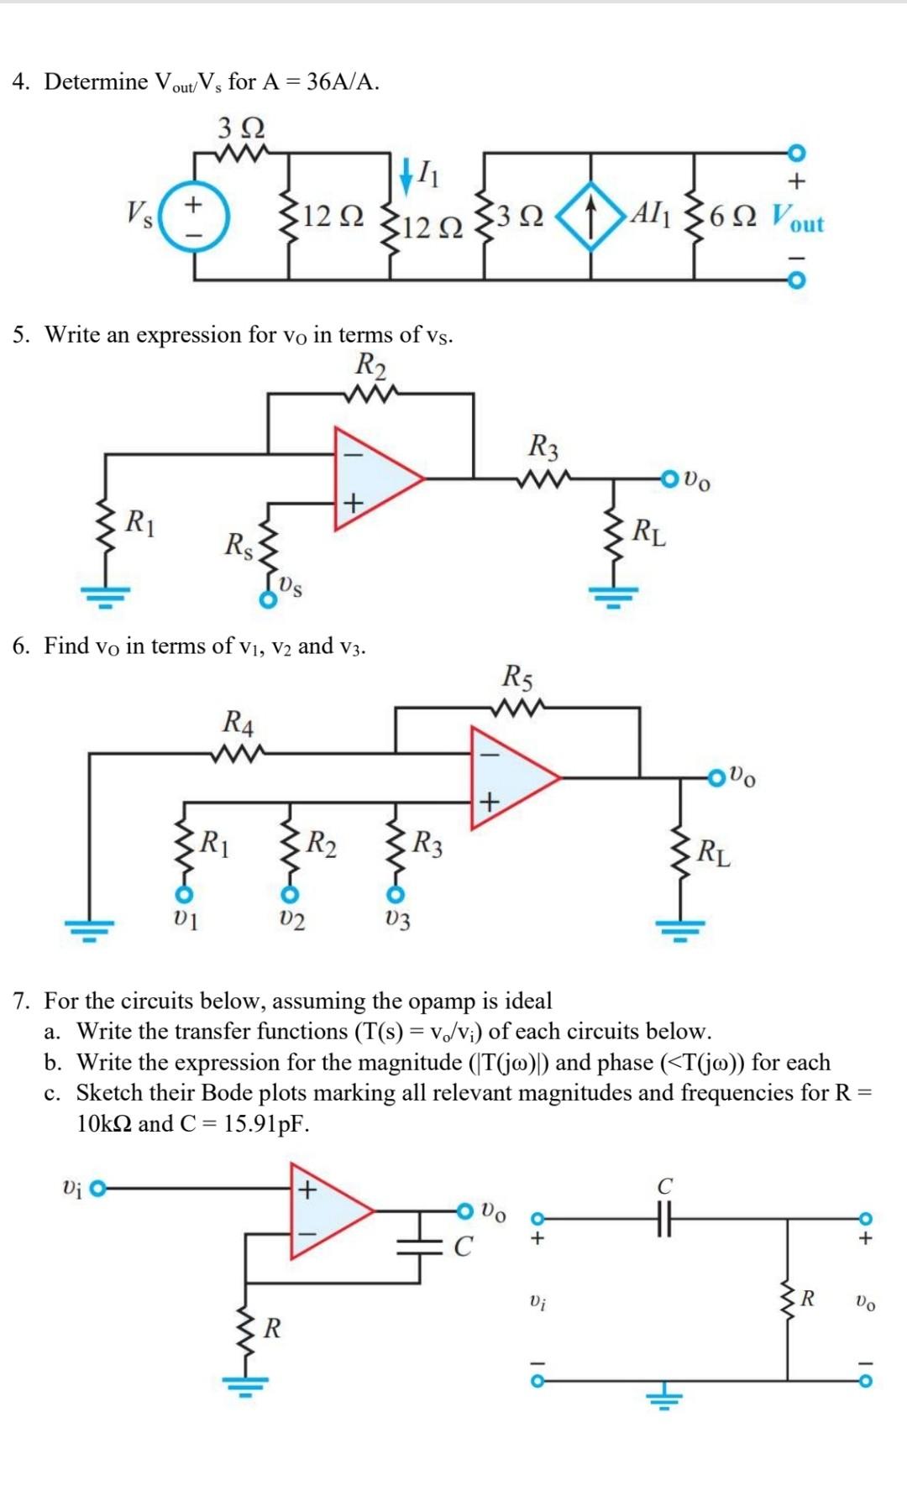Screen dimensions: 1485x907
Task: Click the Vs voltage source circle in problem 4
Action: click(194, 217)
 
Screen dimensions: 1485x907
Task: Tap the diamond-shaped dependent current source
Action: click(591, 216)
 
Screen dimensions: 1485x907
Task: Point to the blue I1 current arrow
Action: click(406, 174)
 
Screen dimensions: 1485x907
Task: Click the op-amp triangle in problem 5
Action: click(375, 478)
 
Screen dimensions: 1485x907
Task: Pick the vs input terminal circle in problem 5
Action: click(267, 599)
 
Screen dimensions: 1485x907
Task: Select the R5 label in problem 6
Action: click(517, 677)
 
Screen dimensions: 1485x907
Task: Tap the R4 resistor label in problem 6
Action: click(239, 722)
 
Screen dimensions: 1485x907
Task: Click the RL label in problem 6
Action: click(714, 853)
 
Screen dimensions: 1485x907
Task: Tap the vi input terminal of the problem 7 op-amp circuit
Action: click(98, 1188)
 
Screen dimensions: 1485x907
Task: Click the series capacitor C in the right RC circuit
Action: click(664, 1216)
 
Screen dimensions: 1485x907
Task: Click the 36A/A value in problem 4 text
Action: click(343, 81)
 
